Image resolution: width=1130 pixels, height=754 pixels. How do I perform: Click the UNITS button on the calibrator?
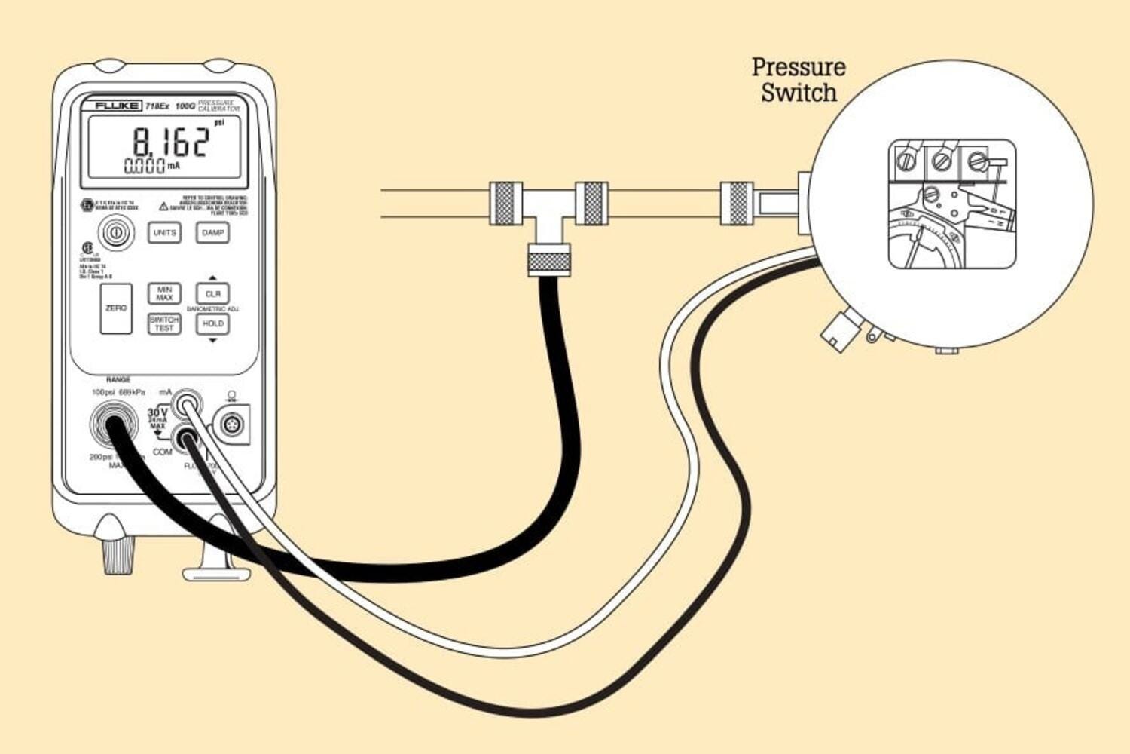coord(164,232)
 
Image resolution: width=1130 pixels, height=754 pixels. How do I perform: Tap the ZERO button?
coord(116,308)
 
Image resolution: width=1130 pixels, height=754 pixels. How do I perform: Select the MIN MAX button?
coord(164,293)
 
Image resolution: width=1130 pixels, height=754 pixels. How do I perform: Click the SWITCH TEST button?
coord(164,323)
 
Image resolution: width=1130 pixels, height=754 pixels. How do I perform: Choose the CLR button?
coord(212,293)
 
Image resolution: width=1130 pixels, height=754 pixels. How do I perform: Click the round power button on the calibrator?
coord(115,233)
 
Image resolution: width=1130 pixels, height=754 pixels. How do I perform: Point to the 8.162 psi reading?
coord(172,141)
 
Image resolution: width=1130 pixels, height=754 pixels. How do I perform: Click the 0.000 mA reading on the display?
coord(145,166)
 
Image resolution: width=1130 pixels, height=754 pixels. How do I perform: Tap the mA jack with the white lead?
coord(186,406)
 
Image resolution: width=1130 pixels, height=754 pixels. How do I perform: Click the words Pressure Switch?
coord(799,79)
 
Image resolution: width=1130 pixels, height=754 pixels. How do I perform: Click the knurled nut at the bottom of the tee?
coord(548,261)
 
